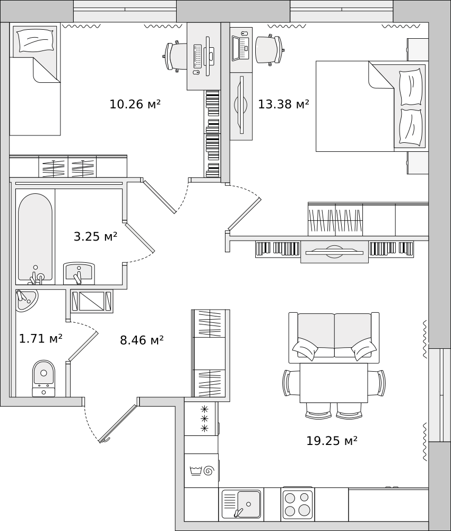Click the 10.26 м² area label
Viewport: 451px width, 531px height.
coord(135,104)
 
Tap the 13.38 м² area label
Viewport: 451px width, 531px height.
coord(283,104)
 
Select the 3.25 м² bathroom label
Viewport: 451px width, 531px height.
coord(96,236)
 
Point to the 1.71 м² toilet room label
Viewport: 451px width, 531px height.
coord(41,338)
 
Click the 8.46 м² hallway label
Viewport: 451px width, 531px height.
coord(142,340)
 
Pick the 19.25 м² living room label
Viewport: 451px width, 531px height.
coord(332,441)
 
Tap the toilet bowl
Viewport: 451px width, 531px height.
coord(44,378)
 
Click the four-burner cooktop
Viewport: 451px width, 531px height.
coord(297,504)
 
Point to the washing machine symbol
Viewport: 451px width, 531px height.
coord(201,470)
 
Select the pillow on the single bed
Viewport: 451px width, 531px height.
coord(36,41)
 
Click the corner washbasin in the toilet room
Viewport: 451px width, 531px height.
coord(26,299)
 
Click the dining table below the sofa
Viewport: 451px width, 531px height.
coord(334,383)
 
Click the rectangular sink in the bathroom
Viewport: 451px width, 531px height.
coord(79,273)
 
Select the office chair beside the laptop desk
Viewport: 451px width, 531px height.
coord(270,49)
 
